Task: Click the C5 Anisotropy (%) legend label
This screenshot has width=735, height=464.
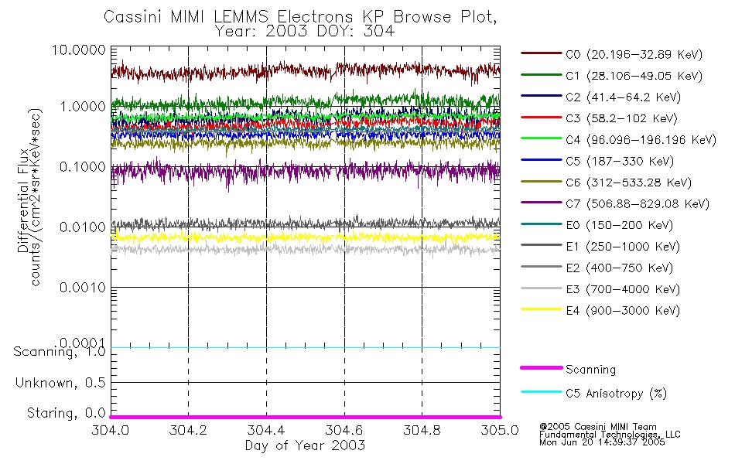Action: coord(616,394)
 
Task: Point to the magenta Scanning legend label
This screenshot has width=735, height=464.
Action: coord(591,370)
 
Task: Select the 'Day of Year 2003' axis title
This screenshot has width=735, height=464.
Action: coord(305,446)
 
